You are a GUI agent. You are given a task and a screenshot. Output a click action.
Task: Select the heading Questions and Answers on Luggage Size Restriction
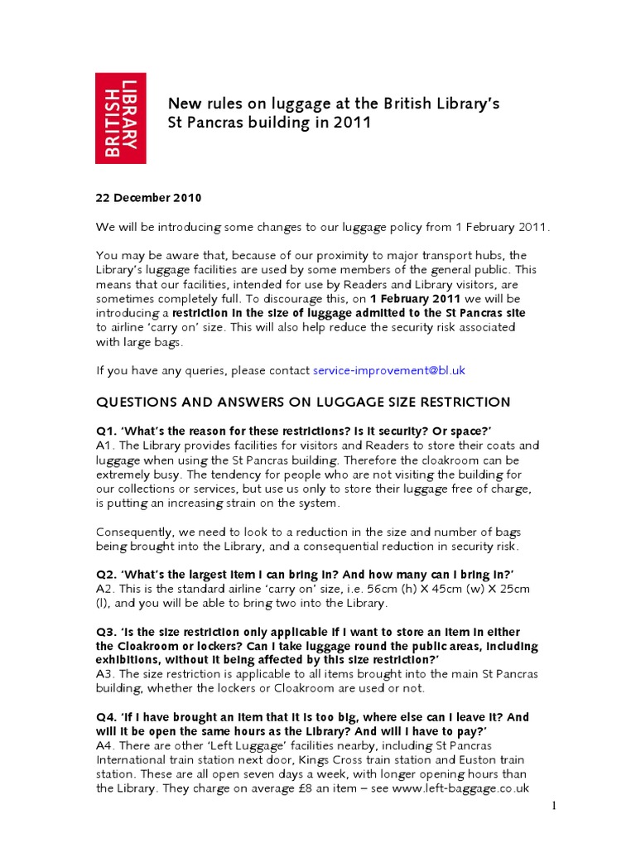click(303, 402)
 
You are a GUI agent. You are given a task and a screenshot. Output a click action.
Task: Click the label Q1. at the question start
click(108, 431)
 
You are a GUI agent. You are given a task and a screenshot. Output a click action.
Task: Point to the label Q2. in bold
click(108, 575)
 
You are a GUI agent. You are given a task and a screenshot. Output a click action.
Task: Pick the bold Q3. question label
click(108, 632)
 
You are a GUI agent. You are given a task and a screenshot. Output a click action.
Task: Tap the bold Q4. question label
click(108, 717)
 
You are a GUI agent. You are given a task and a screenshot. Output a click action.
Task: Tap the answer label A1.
click(106, 445)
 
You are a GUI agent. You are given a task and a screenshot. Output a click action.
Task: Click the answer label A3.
click(106, 675)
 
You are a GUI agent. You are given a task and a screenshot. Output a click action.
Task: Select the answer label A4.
click(106, 746)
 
